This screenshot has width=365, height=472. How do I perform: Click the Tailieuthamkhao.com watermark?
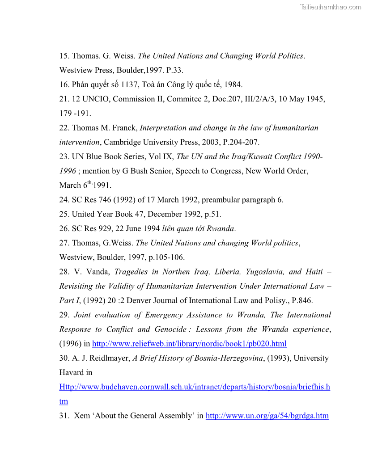[330, 7]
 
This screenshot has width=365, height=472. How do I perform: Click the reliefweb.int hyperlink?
[189, 344]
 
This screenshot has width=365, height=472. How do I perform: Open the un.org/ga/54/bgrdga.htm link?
[267, 416]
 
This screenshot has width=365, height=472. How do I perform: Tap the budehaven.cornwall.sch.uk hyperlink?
[195, 387]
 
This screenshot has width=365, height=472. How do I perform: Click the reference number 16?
[64, 84]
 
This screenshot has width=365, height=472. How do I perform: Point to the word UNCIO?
[94, 99]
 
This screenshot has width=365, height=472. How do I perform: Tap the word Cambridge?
[123, 142]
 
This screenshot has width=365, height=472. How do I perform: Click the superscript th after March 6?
[90, 182]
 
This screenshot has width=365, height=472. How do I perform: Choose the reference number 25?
[64, 214]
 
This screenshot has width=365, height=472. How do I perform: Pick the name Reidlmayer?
[109, 358]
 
